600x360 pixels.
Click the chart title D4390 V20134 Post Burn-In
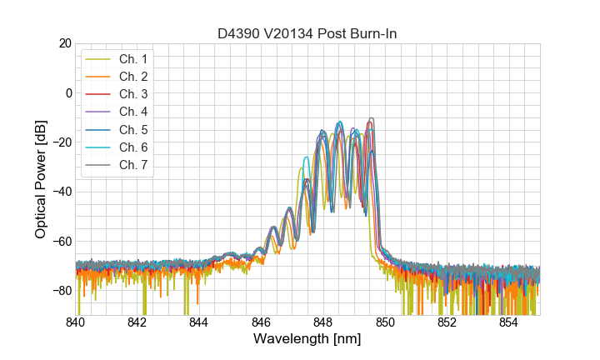307,32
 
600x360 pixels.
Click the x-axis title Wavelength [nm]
307,340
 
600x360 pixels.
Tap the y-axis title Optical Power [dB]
40,179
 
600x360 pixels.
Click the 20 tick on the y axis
64,43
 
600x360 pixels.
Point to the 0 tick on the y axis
67,92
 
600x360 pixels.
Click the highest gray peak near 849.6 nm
372,119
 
